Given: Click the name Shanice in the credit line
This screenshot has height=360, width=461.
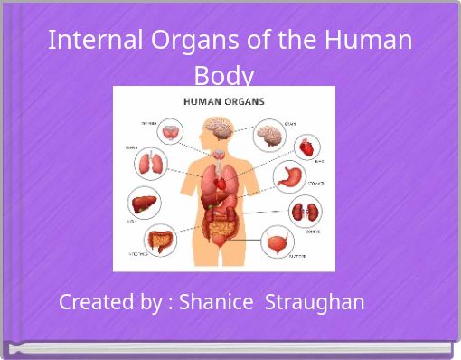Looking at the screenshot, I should pos(216,302).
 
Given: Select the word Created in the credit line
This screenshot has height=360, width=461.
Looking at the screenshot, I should pos(98,302).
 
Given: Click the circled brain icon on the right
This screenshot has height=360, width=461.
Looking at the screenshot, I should pos(268,135).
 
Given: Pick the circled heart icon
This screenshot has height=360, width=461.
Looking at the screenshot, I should pos(308,146).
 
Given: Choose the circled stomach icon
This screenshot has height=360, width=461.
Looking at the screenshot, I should pos(292,176).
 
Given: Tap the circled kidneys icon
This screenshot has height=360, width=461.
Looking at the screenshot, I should pos(304,213).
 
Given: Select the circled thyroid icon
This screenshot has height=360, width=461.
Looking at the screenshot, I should pos(169,133).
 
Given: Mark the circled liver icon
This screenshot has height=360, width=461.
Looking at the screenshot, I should pos(143,202).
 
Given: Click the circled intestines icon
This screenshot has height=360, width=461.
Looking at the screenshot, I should pos(161,240).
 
